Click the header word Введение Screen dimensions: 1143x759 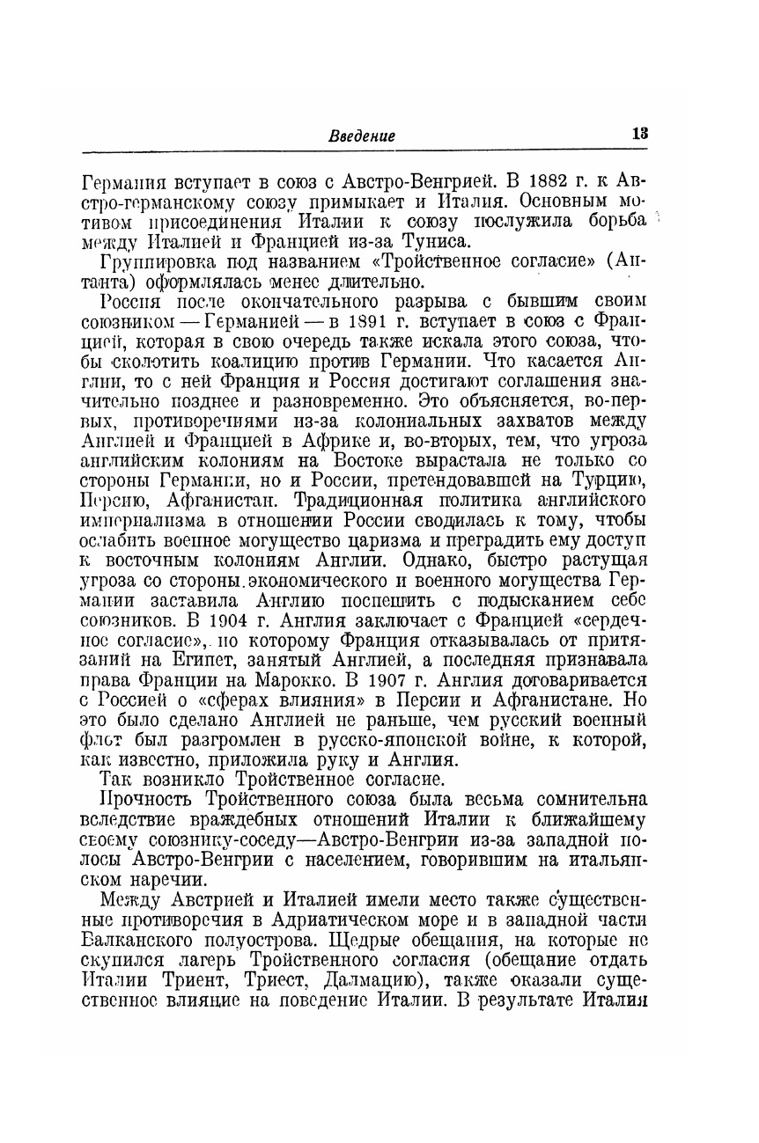[362, 136]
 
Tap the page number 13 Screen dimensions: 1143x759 [639, 134]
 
